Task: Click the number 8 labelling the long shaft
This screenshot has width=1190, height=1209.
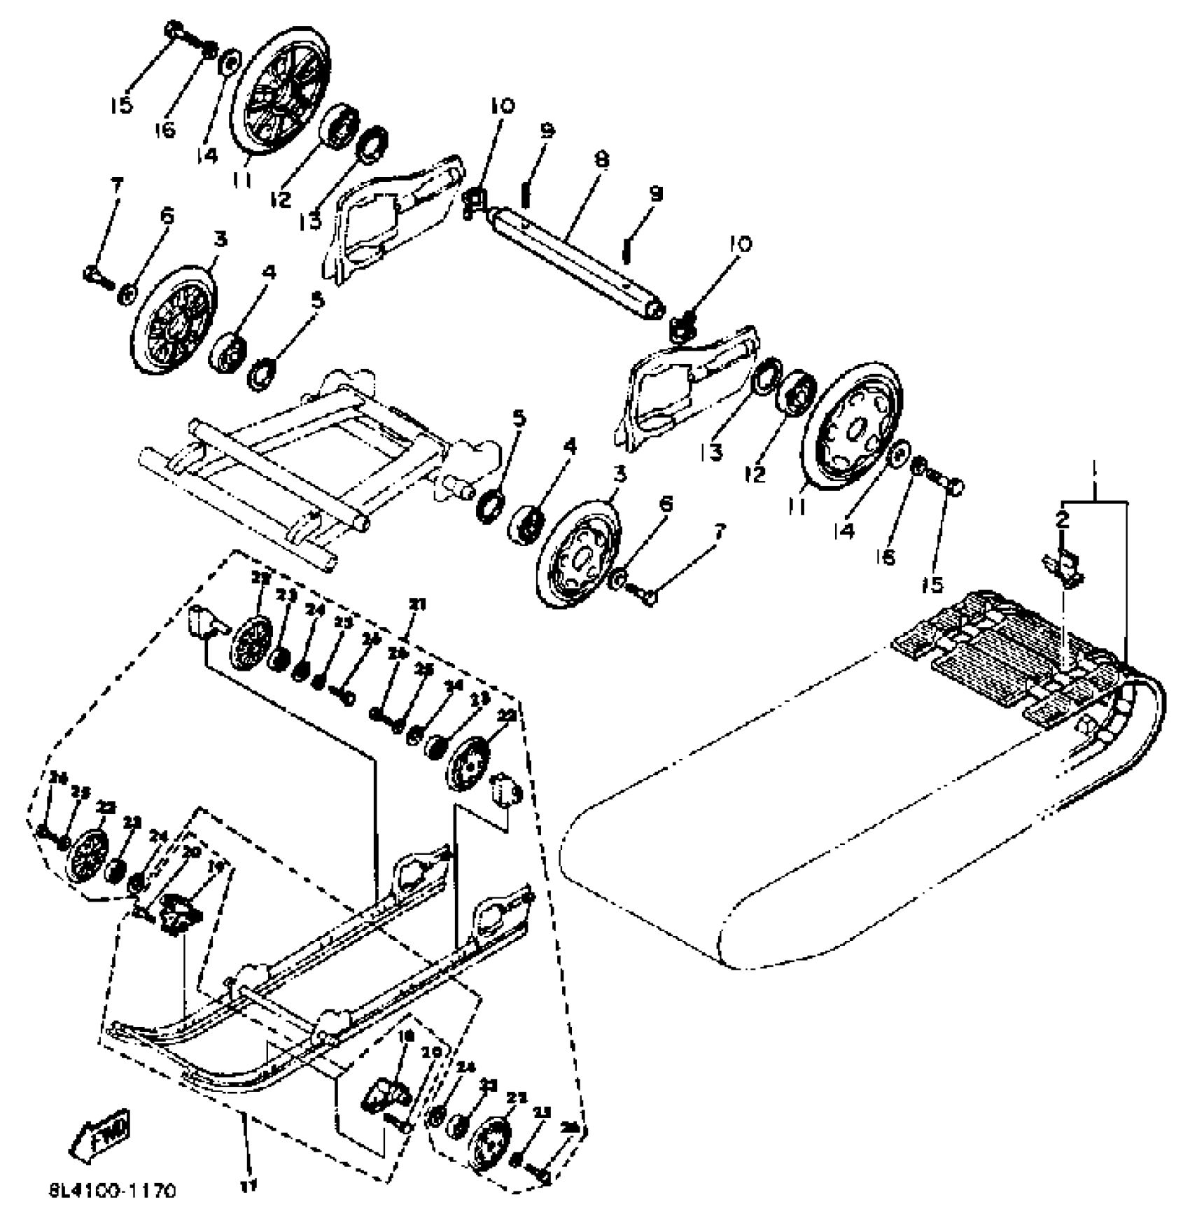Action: tap(601, 160)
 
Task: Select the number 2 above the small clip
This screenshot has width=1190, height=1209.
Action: tap(1063, 519)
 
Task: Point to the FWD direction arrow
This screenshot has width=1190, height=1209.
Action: tap(99, 1133)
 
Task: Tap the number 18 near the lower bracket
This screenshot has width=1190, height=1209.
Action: tap(405, 1036)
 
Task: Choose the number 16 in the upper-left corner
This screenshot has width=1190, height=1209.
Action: tap(165, 129)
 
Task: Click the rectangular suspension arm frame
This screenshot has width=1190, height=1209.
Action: tap(294, 448)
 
